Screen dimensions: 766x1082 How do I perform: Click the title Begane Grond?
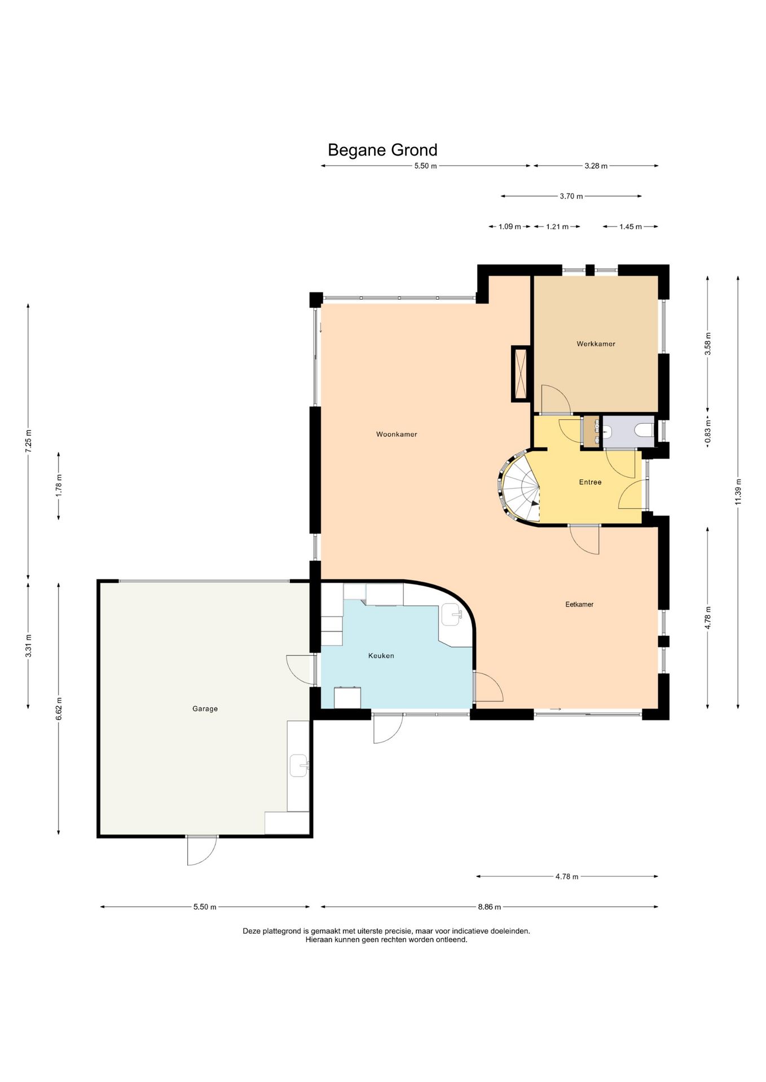[382, 150]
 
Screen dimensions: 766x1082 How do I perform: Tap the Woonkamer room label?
[397, 434]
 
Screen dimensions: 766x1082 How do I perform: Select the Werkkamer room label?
[596, 344]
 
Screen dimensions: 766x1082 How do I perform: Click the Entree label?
[590, 482]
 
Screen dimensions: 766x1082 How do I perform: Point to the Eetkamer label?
[579, 604]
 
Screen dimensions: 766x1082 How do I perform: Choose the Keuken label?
[381, 655]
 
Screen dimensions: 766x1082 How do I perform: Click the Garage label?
[205, 709]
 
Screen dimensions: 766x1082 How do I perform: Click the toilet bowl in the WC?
[644, 431]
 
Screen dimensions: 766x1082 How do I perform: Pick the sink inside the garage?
[299, 766]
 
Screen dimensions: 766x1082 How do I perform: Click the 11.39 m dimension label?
[738, 492]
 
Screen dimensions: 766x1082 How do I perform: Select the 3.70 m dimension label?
[571, 196]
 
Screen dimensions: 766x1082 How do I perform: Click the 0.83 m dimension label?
[708, 431]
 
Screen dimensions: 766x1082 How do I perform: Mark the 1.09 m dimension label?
[509, 227]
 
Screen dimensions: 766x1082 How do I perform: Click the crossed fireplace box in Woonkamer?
[521, 374]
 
